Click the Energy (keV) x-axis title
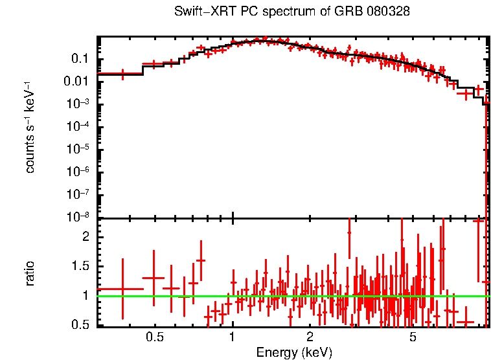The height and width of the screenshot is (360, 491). tap(294, 352)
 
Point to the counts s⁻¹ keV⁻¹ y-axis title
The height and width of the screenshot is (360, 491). tap(30, 128)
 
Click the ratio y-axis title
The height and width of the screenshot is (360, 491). tap(30, 273)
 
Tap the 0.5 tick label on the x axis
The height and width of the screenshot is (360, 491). tap(154, 337)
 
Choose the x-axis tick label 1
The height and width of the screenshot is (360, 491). tap(232, 337)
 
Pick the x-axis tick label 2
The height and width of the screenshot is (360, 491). tap(310, 337)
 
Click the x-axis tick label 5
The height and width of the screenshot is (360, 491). tap(413, 337)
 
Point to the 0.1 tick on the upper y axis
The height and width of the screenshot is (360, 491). tap(80, 59)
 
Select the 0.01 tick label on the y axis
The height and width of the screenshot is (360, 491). tap(76, 82)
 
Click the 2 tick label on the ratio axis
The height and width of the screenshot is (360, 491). tap(85, 237)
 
